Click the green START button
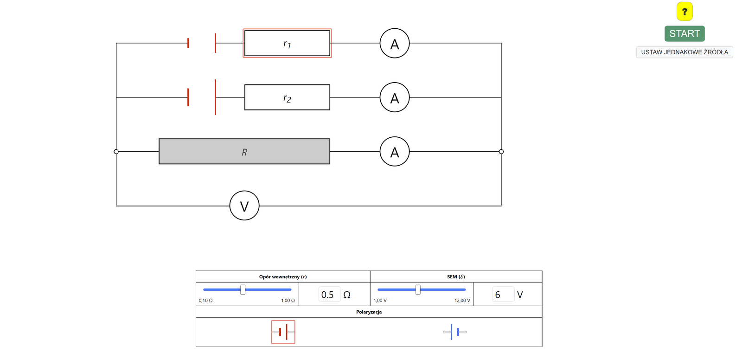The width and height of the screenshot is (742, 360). coord(684,34)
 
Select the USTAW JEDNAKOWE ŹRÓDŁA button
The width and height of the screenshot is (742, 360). coord(684,52)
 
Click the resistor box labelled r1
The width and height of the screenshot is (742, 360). coord(287,44)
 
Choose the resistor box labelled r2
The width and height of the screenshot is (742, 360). coord(287,97)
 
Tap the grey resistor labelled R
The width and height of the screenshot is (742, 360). coord(244,152)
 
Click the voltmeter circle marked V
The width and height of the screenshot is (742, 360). coord(244,206)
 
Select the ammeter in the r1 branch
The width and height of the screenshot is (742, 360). coord(395,44)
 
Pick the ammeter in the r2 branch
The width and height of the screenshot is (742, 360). coord(395,97)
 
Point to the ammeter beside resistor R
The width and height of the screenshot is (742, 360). coord(395,152)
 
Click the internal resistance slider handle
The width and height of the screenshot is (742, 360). coord(243,290)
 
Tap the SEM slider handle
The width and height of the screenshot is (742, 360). coord(418,290)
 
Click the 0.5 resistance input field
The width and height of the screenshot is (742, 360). coord(329,295)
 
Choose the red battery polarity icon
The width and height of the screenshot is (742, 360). coord(283,332)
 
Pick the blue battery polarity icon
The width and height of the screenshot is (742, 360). coord(455,332)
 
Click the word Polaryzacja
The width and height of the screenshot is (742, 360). coord(369,312)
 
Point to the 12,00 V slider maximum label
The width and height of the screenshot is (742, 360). coord(462,301)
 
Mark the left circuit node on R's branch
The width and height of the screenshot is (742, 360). coord(116,152)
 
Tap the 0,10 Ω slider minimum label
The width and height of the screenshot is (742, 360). coord(205,301)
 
